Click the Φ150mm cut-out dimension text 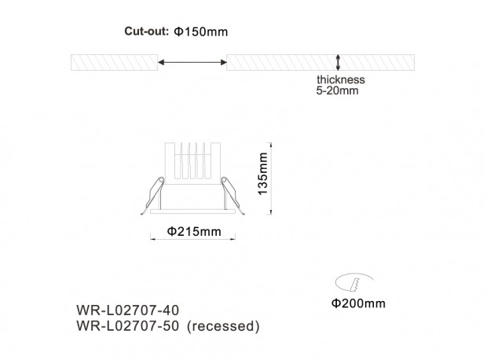point(201,31)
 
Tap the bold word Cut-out point(146,31)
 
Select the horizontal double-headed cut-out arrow point(192,62)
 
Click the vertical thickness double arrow point(338,62)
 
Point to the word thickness point(341,79)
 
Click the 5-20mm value point(337,90)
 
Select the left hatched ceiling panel point(115,62)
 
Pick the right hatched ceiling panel point(320,62)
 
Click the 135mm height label point(263,174)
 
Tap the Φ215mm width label point(194,232)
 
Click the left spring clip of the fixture point(153,195)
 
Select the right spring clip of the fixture point(233,195)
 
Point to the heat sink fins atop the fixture point(192,161)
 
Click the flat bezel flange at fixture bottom point(192,211)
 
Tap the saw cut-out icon point(354,282)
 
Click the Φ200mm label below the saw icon point(358,303)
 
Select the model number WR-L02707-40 point(128,310)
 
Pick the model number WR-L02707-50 point(128,325)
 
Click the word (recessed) point(223,326)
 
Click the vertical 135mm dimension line point(271,178)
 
